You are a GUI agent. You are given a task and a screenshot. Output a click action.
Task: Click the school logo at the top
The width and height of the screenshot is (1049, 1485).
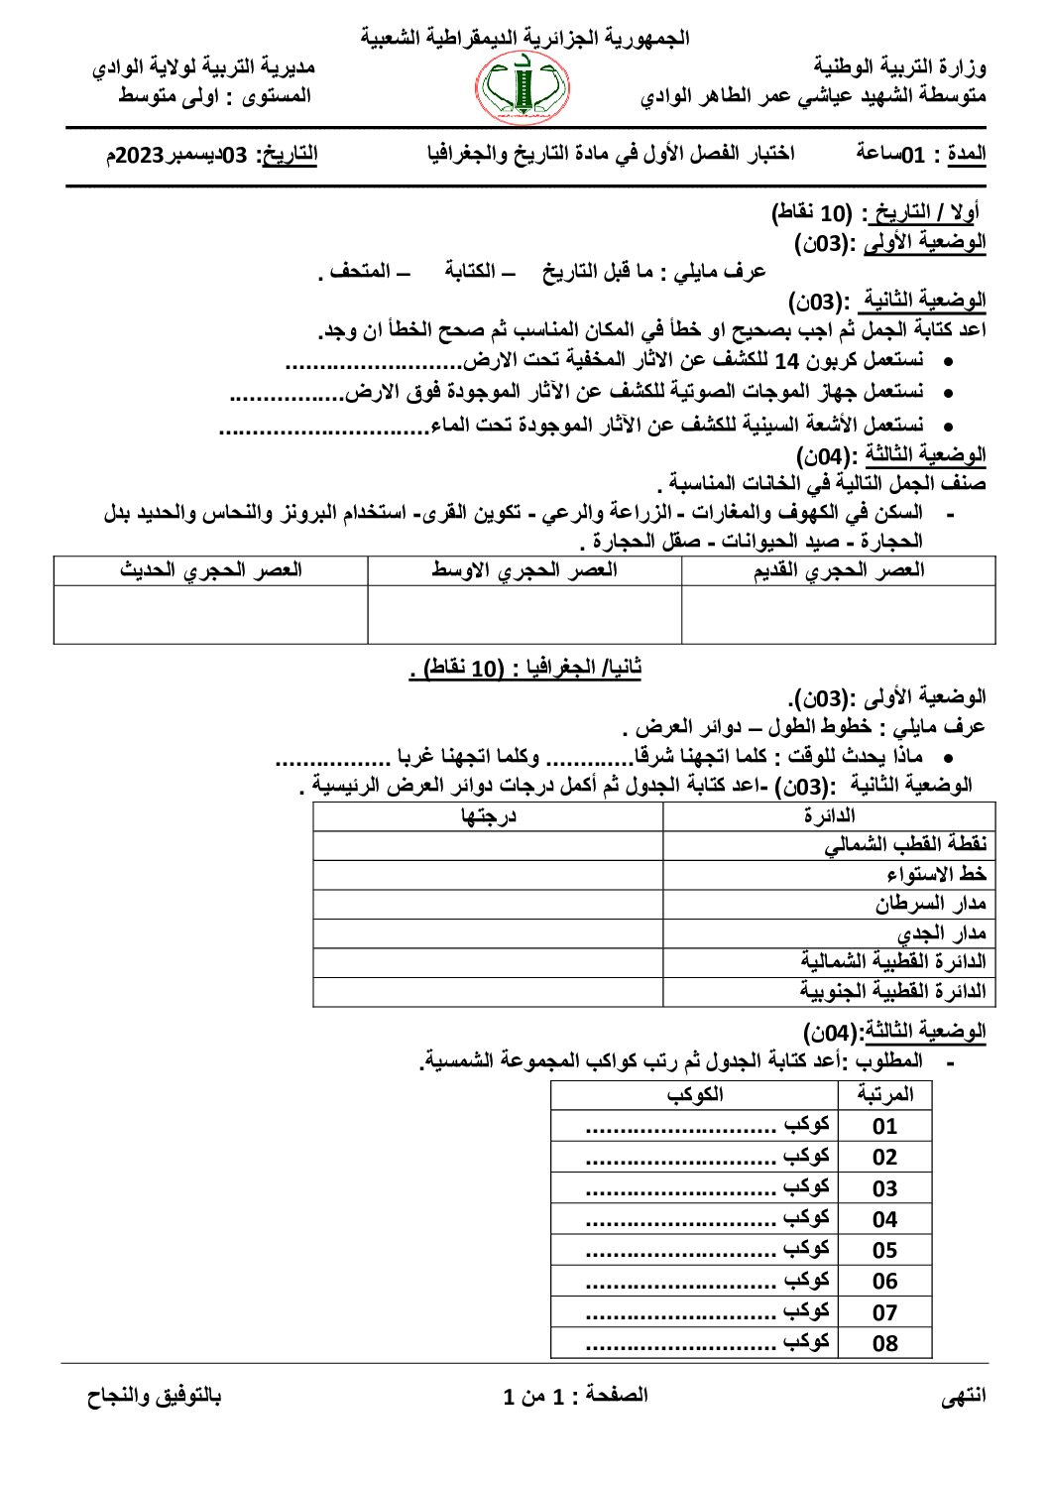point(524,89)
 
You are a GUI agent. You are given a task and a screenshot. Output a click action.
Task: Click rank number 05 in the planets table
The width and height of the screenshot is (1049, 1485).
point(884,1250)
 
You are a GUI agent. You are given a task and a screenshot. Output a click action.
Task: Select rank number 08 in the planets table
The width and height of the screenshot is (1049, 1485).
point(884,1343)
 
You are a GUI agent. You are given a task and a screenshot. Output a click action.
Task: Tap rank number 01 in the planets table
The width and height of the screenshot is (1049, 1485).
point(884,1126)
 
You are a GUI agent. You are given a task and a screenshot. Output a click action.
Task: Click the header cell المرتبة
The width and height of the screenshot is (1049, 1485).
point(883,1094)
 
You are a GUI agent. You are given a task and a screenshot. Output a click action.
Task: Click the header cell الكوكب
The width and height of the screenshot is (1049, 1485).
point(694,1094)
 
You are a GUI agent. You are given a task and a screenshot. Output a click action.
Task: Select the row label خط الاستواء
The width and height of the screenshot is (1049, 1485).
point(936,874)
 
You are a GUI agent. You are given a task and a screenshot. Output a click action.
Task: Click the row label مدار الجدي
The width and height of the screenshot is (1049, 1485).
point(941,933)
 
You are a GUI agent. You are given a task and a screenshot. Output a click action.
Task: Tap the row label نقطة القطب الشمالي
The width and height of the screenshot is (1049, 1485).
point(904,844)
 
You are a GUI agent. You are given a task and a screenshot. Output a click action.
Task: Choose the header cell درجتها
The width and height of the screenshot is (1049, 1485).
point(489,815)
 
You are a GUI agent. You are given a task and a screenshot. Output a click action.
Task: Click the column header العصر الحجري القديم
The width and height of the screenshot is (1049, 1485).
point(839,570)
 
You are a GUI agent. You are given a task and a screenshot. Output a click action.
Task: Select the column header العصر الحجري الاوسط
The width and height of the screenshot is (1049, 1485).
point(524,570)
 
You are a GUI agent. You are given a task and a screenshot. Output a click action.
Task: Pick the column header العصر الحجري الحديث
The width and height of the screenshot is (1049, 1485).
point(210,570)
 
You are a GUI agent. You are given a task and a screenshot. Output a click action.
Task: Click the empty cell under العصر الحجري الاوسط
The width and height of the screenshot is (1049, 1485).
point(524,614)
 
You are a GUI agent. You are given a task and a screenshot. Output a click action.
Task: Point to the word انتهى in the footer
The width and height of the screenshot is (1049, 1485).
point(963,1396)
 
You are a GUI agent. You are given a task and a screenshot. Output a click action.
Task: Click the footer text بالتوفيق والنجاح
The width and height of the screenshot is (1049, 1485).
point(154,1396)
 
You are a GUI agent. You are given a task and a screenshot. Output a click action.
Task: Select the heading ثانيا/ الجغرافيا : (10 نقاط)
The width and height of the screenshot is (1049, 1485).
point(525,668)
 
